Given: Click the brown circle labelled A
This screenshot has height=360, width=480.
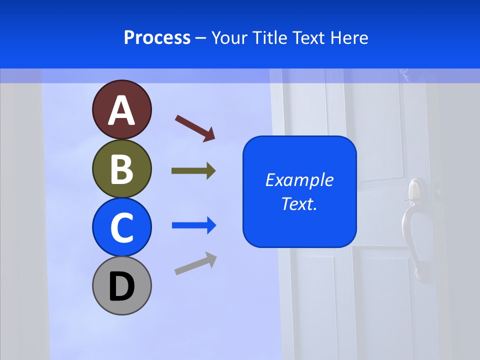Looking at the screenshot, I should coord(121,109).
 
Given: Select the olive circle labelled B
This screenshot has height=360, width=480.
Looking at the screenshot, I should coord(121,168).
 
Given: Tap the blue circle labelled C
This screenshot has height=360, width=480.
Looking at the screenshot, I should coord(121,227).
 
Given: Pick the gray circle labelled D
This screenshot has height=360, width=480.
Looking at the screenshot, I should coord(121,285).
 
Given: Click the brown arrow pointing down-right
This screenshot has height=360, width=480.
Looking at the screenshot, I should coord(195,127).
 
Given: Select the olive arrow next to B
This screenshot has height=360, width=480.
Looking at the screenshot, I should coord(193,171).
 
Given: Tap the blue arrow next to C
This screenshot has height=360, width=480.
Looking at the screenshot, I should coord(194,225).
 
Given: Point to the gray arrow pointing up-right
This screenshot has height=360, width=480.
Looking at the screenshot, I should coord(195,264).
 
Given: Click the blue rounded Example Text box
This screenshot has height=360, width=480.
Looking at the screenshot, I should coord(299,191).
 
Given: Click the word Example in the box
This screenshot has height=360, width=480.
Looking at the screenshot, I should coord(299,180).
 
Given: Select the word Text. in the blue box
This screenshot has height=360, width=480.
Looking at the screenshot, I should coord(299,204).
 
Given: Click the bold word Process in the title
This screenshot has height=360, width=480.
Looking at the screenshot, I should coord(157,37).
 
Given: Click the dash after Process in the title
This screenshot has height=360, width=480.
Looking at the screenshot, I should coord(201,38).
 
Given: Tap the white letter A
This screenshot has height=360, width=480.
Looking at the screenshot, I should coord(121,110).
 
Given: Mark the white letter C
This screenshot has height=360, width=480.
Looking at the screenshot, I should coord(121,228).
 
